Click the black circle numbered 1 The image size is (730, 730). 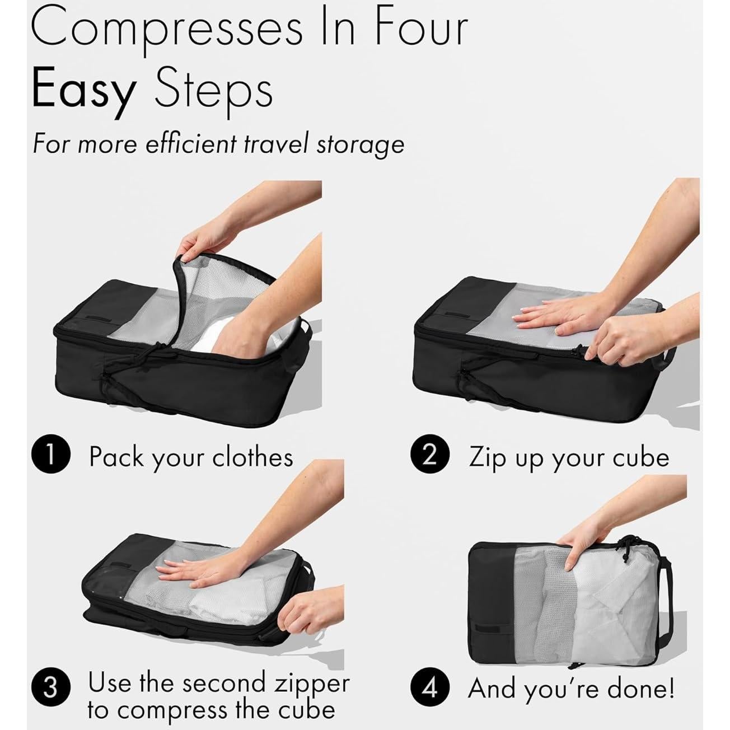pyautogui.click(x=50, y=456)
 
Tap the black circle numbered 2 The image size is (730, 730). pyautogui.click(x=429, y=456)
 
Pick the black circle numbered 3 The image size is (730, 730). pyautogui.click(x=50, y=687)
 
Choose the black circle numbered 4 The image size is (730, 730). pyautogui.click(x=429, y=687)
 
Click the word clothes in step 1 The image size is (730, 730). pyautogui.click(x=252, y=457)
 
